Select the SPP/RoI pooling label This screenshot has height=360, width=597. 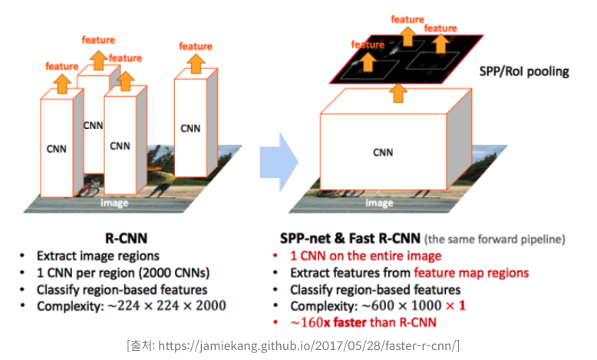coord(524,72)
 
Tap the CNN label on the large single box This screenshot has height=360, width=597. coord(382,152)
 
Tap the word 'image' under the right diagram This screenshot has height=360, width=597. coord(379,203)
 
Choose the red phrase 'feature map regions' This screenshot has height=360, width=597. coord(471,273)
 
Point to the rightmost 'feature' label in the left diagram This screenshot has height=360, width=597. coord(196,47)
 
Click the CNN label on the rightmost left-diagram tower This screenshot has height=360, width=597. coord(190,128)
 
